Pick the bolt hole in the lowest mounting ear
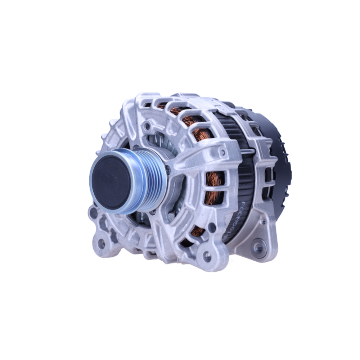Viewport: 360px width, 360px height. click(x=207, y=256)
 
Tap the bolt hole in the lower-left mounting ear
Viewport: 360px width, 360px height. click(x=102, y=244)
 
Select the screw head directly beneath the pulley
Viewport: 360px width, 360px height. click(x=153, y=212)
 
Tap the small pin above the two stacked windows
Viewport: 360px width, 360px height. click(x=223, y=153)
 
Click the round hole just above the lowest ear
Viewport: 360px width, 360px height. click(x=212, y=228)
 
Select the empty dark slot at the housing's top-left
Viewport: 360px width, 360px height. click(x=147, y=105)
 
